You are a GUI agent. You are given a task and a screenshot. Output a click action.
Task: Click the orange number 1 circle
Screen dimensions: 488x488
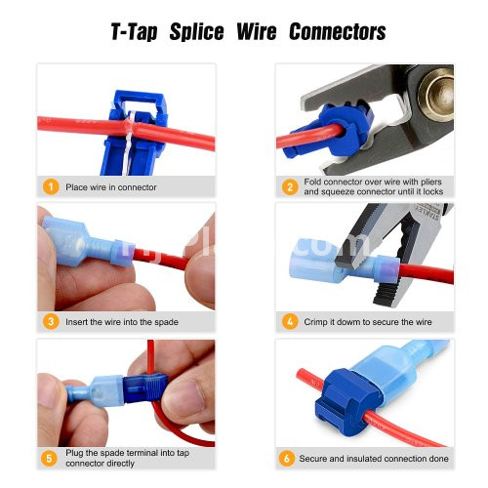[x=51, y=187]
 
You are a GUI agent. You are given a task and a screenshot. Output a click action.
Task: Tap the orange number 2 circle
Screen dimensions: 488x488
[x=290, y=187]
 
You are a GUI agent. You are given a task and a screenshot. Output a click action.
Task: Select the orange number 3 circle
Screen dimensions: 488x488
[x=51, y=322]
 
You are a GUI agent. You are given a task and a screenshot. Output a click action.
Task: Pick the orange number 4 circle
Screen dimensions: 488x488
[x=290, y=322]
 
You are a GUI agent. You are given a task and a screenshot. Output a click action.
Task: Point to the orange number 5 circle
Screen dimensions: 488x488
[x=49, y=458]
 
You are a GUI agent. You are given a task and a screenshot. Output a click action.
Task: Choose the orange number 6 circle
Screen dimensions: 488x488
[x=287, y=458]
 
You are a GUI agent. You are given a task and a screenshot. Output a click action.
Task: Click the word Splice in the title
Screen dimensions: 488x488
[x=196, y=32]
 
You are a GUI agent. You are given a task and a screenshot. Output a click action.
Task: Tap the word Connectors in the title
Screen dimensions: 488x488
[x=338, y=32]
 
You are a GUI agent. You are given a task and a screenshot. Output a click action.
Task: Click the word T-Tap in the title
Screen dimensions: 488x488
[x=134, y=32]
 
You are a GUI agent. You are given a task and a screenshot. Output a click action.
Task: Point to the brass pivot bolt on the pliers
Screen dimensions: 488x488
[x=437, y=94]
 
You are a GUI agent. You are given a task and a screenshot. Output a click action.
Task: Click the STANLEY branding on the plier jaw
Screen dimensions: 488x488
[x=427, y=213]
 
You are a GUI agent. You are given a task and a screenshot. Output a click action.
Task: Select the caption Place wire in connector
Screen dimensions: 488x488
[x=111, y=187]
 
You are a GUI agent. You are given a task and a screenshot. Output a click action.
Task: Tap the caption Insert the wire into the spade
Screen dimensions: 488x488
[x=122, y=322]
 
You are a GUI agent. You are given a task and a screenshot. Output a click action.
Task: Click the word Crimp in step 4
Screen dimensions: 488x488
[x=315, y=322]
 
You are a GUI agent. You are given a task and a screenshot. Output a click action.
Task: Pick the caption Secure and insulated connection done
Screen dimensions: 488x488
[x=374, y=459]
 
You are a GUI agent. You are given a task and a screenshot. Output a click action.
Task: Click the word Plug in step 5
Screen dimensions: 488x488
[x=73, y=453]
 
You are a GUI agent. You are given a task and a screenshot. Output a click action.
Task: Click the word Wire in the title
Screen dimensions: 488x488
[x=257, y=32]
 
